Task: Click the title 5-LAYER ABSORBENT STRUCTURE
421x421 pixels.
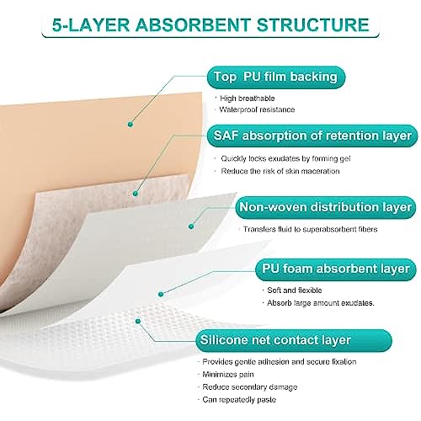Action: coord(210,24)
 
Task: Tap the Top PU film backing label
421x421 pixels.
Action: coord(276,77)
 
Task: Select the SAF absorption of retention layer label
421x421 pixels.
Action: coord(312,136)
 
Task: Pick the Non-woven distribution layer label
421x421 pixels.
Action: coord(326,207)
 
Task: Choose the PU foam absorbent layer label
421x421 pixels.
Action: coord(336,269)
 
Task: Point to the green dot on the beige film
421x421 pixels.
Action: coord(130,124)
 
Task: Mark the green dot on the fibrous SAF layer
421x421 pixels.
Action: coord(136,194)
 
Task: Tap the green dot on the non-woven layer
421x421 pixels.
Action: coord(191,226)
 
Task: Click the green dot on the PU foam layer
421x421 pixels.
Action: coord(161,294)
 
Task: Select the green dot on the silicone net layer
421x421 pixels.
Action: coord(138,321)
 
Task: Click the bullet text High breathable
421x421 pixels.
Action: coord(248,99)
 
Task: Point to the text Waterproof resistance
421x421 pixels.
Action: coord(257,109)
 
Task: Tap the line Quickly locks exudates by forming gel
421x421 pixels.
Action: coord(285,159)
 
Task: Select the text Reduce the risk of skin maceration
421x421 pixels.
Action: coord(280,171)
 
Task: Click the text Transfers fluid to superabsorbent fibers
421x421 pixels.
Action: coord(311,229)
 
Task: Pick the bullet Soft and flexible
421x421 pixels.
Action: coord(295,290)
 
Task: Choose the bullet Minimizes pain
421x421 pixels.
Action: coord(228,375)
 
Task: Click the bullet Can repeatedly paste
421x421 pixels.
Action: coord(239,400)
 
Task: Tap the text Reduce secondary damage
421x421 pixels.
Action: coord(250,387)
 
